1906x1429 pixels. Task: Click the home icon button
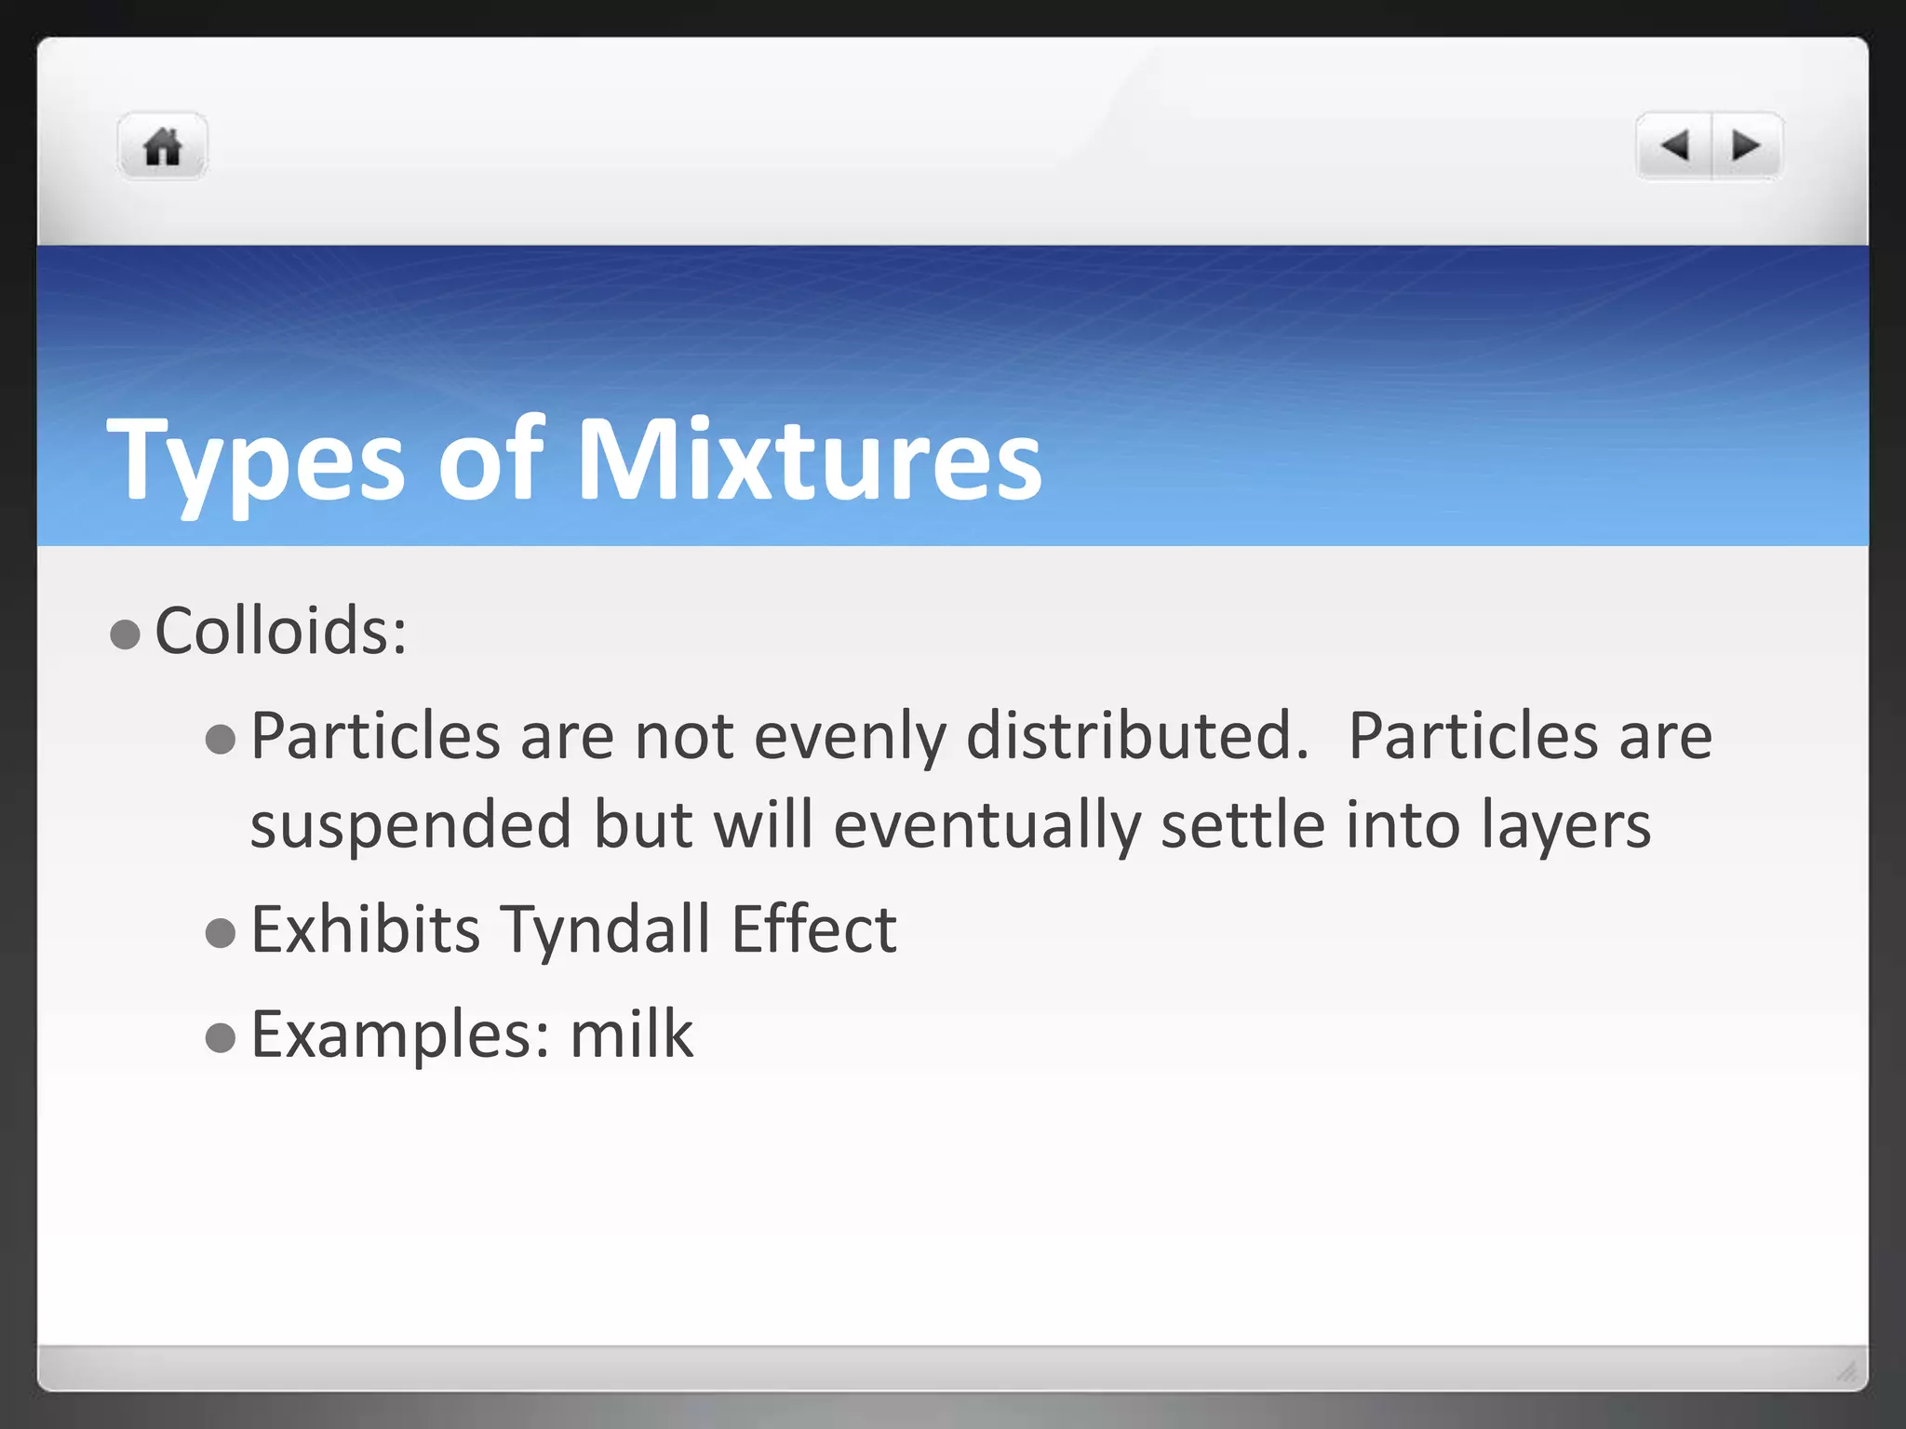pos(163,147)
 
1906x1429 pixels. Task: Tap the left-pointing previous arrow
pos(1674,146)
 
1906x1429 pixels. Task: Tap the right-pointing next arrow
pos(1746,146)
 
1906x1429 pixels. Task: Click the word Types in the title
pos(256,461)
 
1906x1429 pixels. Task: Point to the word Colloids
pos(280,631)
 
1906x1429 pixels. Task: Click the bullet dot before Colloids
pos(125,635)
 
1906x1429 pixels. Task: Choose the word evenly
pos(849,737)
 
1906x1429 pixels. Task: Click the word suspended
pos(410,825)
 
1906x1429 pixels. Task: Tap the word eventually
pos(987,826)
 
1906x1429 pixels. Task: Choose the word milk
pos(631,1034)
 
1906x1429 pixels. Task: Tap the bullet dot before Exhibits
pos(221,933)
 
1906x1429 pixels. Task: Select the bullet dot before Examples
pos(221,1037)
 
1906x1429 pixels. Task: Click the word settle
pos(1242,825)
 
